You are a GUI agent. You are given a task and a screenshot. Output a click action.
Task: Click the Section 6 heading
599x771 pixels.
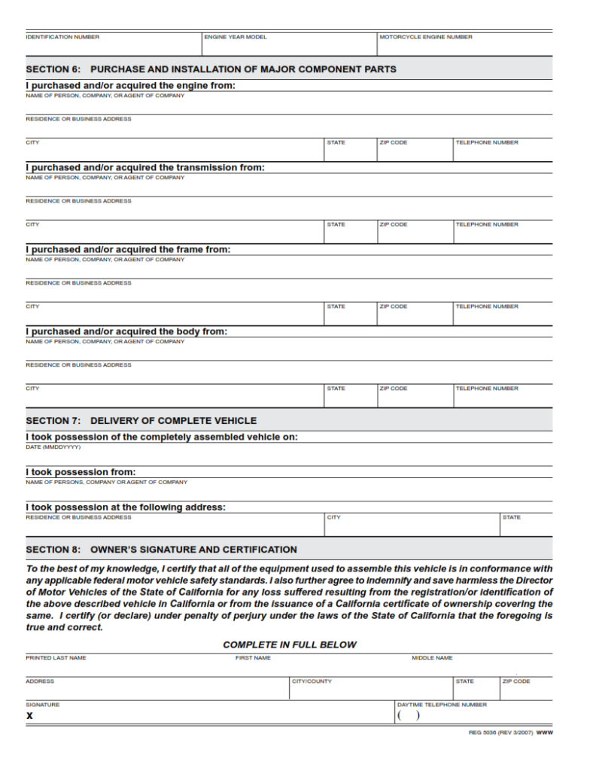click(211, 69)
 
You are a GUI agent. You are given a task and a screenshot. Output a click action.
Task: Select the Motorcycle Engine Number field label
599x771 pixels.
click(426, 37)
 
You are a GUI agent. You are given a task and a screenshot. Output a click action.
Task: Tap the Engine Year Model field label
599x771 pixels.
click(236, 37)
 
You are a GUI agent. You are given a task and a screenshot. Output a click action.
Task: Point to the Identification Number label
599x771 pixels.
click(62, 37)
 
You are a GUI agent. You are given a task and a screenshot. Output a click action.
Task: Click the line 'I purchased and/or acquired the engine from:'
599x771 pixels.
click(130, 86)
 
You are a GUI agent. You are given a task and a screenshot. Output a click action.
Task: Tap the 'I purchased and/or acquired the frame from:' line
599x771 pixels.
click(128, 249)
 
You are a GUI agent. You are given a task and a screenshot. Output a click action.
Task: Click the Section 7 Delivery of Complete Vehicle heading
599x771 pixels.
click(141, 421)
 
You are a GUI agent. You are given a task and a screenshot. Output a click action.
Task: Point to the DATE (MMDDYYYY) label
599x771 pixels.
click(53, 446)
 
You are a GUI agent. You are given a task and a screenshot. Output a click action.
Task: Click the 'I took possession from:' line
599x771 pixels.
click(81, 472)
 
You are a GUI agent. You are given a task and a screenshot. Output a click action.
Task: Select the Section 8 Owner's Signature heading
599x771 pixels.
click(161, 550)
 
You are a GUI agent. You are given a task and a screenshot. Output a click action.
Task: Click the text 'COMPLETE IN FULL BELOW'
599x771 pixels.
click(290, 645)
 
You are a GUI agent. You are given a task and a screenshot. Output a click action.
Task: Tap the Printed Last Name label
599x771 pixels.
click(56, 658)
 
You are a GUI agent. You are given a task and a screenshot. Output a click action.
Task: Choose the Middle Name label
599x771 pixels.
click(432, 658)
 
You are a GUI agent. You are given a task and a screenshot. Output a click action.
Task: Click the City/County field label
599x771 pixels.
click(312, 681)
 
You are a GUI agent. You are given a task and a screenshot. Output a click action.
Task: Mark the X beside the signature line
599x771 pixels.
click(29, 716)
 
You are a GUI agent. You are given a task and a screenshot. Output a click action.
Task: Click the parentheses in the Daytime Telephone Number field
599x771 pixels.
click(408, 716)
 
